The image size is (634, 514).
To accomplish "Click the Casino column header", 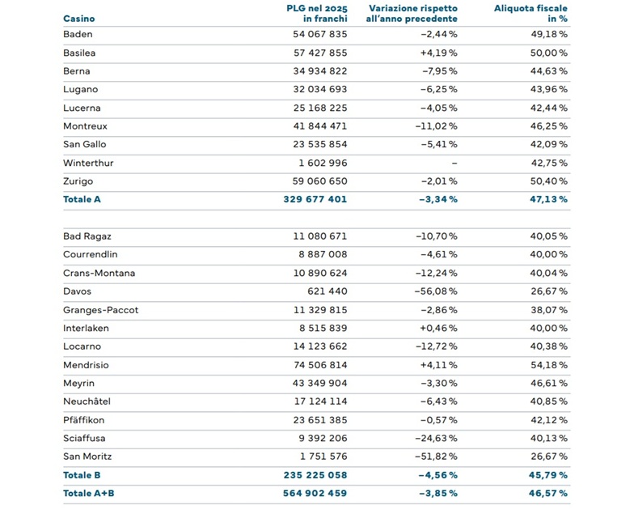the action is click(x=79, y=19).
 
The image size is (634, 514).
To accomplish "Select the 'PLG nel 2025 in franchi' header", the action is click(x=317, y=13).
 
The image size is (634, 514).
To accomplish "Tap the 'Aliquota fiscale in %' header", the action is click(x=530, y=13).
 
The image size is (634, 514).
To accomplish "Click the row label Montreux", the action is click(x=86, y=126).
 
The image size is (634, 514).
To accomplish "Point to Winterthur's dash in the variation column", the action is click(x=454, y=164).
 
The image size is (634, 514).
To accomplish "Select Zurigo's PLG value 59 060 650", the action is click(x=320, y=181).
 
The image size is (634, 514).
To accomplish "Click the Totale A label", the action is click(x=82, y=199).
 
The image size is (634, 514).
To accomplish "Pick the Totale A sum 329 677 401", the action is click(x=315, y=199).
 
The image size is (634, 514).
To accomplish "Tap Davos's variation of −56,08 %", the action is click(x=436, y=291).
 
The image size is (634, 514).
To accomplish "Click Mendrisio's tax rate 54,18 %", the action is click(x=548, y=365).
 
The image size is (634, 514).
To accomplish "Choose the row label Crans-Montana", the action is click(x=99, y=274).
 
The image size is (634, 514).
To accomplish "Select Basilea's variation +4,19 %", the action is click(x=438, y=53).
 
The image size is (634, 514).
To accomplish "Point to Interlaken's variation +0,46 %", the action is click(x=438, y=329).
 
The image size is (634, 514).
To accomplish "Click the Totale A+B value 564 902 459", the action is click(x=315, y=494).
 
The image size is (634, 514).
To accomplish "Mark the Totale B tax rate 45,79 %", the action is click(x=548, y=475).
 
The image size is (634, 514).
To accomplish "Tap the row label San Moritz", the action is click(x=87, y=457).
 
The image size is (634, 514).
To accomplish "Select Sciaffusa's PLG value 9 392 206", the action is click(x=323, y=439).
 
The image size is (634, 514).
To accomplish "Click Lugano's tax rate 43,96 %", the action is click(x=548, y=89).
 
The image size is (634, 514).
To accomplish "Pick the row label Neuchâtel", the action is click(x=87, y=401).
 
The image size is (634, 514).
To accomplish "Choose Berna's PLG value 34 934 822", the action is click(x=320, y=71).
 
